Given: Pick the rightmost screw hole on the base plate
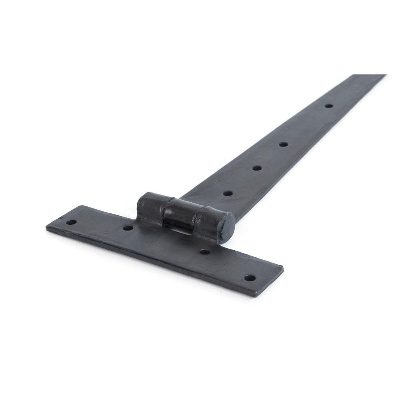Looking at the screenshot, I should pos(248,278).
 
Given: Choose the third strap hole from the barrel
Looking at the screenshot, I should pos(283,144).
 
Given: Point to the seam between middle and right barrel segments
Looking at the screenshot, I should pos(195,218).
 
